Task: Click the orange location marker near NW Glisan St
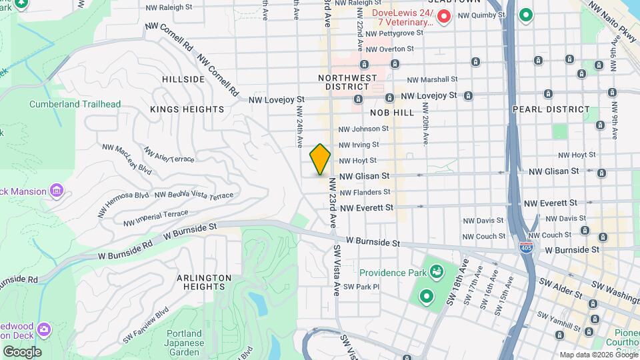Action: tap(320, 159)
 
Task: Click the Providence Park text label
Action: tap(392, 273)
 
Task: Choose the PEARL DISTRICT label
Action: tap(551, 109)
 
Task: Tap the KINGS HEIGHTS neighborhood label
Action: tap(187, 109)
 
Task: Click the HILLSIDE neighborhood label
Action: tap(183, 79)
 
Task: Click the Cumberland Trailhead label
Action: tap(75, 104)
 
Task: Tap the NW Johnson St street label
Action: tap(363, 129)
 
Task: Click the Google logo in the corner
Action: tap(22, 351)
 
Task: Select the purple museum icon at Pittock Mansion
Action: tap(57, 192)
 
